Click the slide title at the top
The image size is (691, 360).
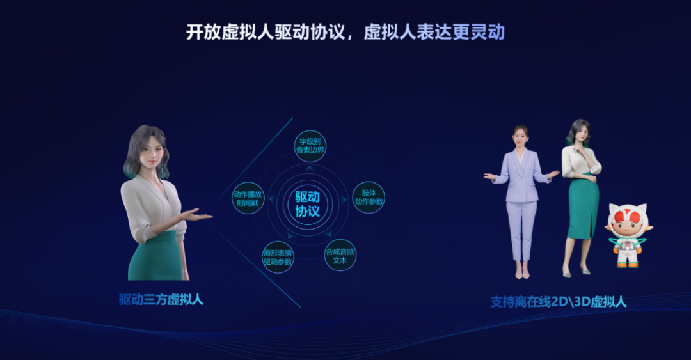tap(345, 32)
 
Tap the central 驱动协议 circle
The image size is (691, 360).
tap(308, 203)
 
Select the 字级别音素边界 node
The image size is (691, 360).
tap(310, 146)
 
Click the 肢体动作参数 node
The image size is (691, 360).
tap(369, 197)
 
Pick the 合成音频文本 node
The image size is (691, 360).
tap(340, 255)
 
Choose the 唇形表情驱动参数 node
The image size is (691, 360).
tap(278, 257)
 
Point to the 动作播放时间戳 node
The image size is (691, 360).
tap(248, 198)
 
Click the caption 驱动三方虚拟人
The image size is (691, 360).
tap(161, 299)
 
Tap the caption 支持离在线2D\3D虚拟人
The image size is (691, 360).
tap(558, 301)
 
